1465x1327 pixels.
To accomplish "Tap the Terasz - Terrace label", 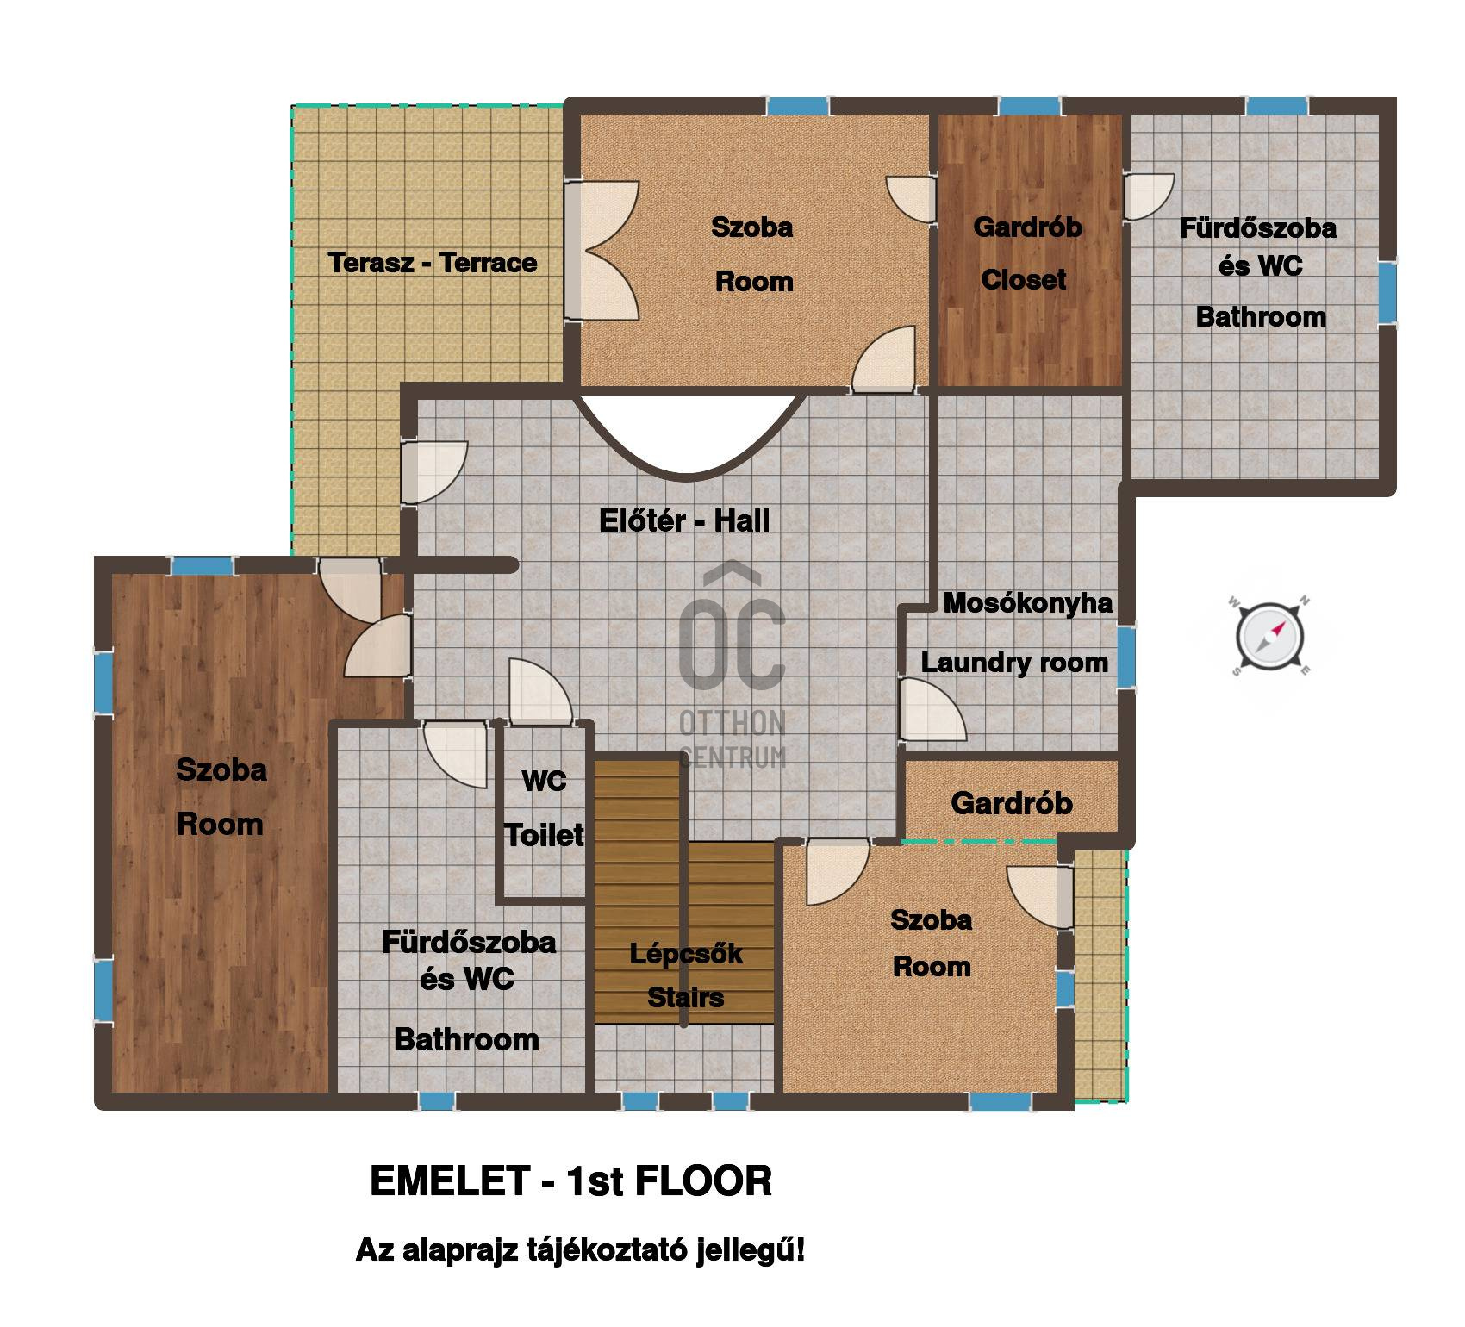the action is point(433,263).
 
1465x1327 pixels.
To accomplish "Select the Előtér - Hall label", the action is point(684,520).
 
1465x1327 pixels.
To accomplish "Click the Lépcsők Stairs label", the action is point(686,975).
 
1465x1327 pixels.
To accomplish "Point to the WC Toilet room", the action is point(545,810).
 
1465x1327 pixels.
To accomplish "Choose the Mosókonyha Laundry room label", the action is point(1015,632).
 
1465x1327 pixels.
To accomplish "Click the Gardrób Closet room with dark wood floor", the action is point(1029,250).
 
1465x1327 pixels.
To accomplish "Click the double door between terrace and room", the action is point(602,251).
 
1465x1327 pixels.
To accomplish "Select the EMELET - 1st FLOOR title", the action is point(570,1181).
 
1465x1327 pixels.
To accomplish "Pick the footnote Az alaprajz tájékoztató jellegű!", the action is point(581,1250).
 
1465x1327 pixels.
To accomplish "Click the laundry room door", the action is point(932,709).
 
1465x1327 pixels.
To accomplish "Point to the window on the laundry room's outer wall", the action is point(1126,657).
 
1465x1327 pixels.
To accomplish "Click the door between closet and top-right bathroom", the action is point(1149,196).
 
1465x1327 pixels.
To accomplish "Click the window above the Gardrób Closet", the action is point(1029,106).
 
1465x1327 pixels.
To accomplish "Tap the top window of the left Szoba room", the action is point(203,566).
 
